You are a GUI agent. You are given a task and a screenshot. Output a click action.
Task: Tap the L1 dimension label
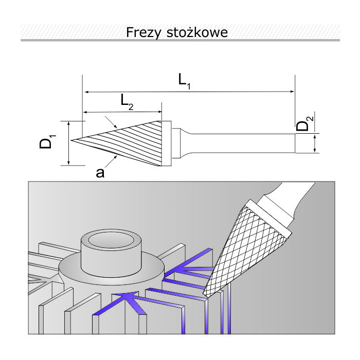[184, 81]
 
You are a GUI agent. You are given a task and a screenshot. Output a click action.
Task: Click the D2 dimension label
[305, 125]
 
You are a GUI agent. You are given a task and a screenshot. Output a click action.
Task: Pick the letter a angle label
[100, 173]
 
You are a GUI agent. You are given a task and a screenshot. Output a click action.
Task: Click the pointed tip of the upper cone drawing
[72, 140]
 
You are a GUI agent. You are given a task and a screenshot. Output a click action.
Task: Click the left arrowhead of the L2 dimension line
[86, 112]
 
